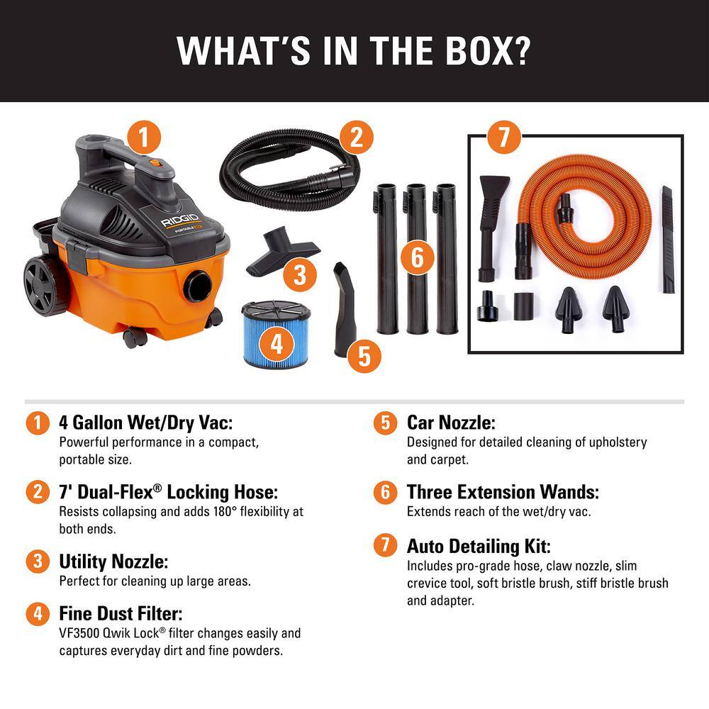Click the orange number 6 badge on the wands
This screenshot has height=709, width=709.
[x=417, y=257]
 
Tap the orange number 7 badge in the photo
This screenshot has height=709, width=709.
[x=503, y=136]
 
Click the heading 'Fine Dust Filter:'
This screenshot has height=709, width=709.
[x=125, y=613]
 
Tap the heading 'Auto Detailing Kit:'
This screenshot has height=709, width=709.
[x=479, y=547]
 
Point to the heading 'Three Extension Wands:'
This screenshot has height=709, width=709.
[x=503, y=492]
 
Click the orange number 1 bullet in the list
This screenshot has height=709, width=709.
[x=38, y=423]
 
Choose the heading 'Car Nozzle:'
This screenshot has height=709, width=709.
[x=451, y=423]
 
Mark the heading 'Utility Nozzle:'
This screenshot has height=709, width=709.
[x=113, y=562]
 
